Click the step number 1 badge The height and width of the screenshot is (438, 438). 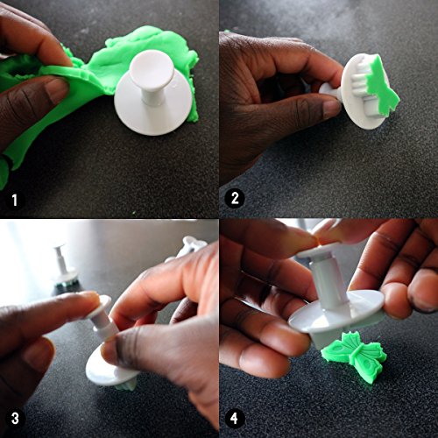(14, 200)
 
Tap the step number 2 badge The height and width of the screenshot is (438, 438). (235, 199)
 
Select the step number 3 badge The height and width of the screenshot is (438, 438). (15, 418)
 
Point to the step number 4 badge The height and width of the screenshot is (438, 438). (234, 419)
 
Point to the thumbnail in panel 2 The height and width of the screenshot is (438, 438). (332, 109)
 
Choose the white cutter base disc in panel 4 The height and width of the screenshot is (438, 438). (336, 315)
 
